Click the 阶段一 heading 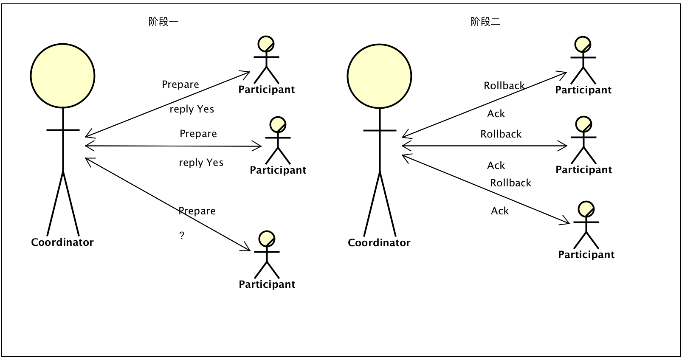[163, 22]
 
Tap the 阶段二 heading [485, 22]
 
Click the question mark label [182, 236]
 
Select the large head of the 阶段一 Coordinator [62, 76]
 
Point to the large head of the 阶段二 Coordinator [379, 76]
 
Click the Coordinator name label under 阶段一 [62, 242]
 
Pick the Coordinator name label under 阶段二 [379, 243]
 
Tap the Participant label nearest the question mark [267, 284]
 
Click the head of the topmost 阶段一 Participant [266, 44]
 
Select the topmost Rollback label [504, 86]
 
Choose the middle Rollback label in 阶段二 [501, 134]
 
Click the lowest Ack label [500, 211]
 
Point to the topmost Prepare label [180, 84]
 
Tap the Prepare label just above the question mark [197, 211]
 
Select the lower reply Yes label [201, 163]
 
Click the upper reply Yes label [192, 109]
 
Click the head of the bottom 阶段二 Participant [586, 209]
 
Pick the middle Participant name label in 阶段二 [584, 170]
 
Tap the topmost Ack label [496, 114]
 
